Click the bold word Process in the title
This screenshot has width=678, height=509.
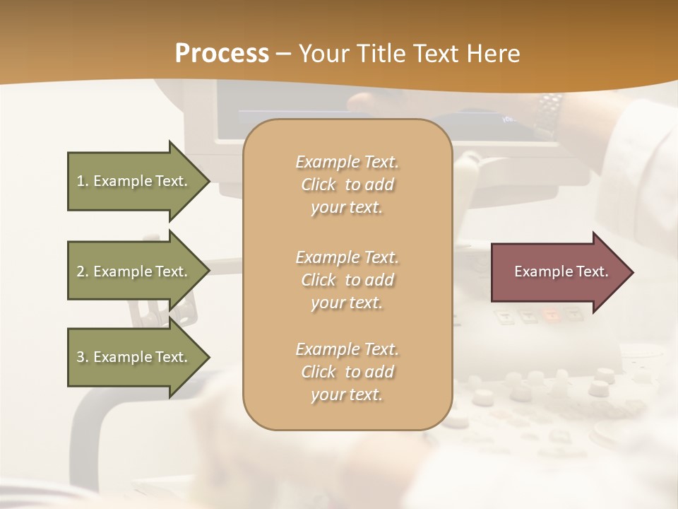[222, 54]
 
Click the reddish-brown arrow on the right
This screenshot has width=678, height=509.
[558, 272]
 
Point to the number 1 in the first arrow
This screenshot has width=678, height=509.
[81, 181]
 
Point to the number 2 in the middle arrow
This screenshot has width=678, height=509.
[81, 271]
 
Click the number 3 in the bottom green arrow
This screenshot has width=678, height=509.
[81, 357]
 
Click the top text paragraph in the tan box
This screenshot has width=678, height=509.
[347, 185]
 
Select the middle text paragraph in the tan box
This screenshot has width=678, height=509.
[347, 280]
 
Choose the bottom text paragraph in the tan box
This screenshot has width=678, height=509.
[347, 372]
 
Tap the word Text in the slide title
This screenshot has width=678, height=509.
[432, 54]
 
